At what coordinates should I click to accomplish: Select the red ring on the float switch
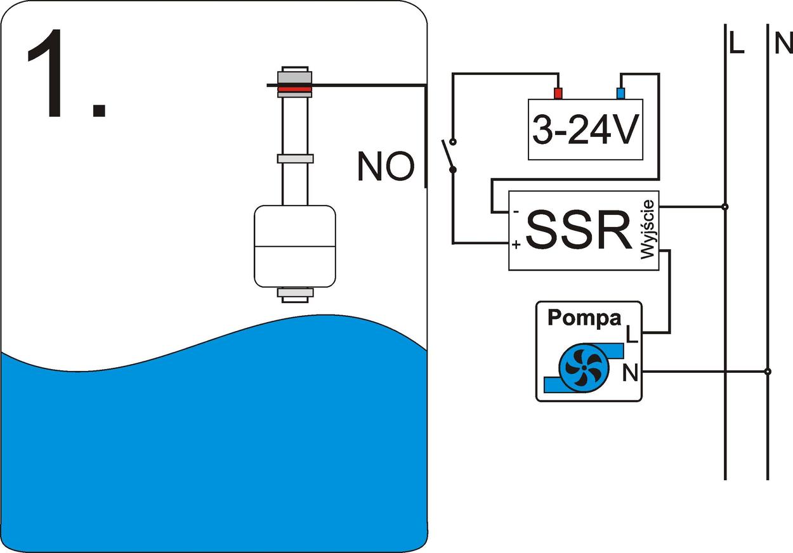click(295, 89)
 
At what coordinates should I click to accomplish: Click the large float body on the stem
click(294, 245)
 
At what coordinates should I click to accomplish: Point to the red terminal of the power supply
click(558, 94)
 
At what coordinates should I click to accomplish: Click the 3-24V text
click(584, 131)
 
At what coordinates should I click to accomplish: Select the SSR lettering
click(578, 231)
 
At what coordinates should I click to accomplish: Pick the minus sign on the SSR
click(516, 211)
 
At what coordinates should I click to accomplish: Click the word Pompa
click(584, 318)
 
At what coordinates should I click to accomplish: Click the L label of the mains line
click(736, 44)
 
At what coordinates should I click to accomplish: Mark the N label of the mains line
click(783, 44)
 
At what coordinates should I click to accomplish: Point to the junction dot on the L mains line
click(725, 207)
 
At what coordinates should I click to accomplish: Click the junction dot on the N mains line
click(768, 371)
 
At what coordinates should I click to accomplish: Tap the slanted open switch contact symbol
click(448, 155)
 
